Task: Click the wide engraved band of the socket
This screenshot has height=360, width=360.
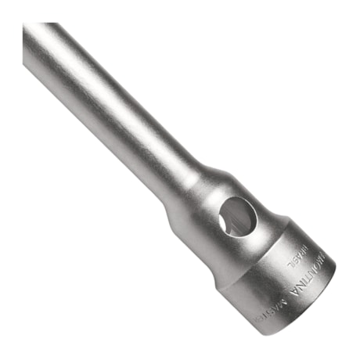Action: click(x=266, y=282)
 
